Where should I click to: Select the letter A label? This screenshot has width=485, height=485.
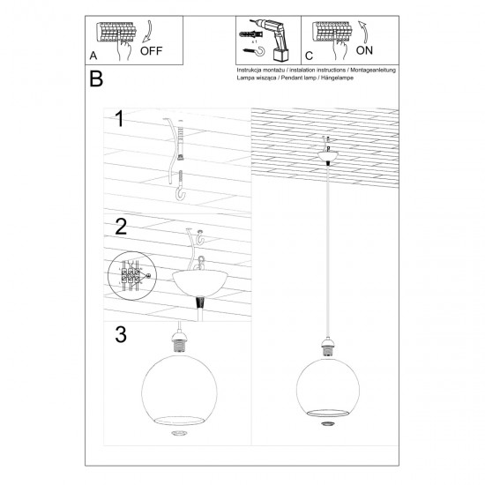[93, 56]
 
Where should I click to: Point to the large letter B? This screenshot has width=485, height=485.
[96, 78]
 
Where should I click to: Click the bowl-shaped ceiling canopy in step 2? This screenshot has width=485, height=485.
[201, 281]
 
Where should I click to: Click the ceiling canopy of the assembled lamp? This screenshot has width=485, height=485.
[332, 155]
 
